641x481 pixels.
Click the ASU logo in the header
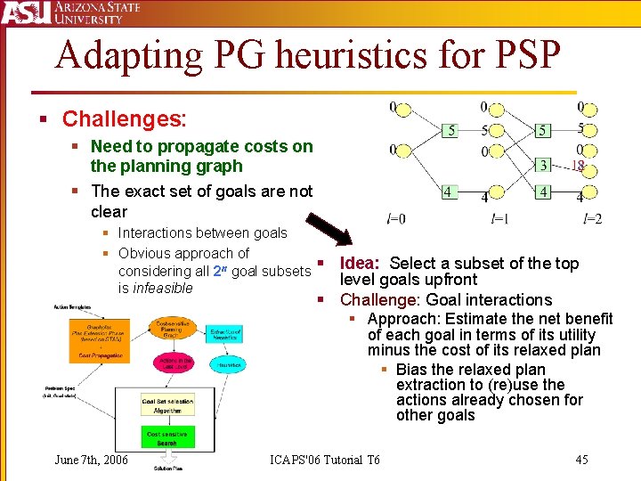pos(25,12)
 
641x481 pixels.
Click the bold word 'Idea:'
pos(360,264)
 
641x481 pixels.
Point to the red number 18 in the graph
pos(577,166)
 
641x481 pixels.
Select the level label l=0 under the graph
pos(395,219)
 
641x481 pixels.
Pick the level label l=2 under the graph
pos(592,219)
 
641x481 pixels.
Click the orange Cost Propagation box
pos(101,355)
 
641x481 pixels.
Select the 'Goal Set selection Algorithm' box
pos(167,405)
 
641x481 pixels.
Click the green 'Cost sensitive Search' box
pos(167,438)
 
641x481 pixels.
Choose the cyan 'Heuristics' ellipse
pos(227,364)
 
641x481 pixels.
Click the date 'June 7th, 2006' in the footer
pos(91,460)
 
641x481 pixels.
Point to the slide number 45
pos(581,460)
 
